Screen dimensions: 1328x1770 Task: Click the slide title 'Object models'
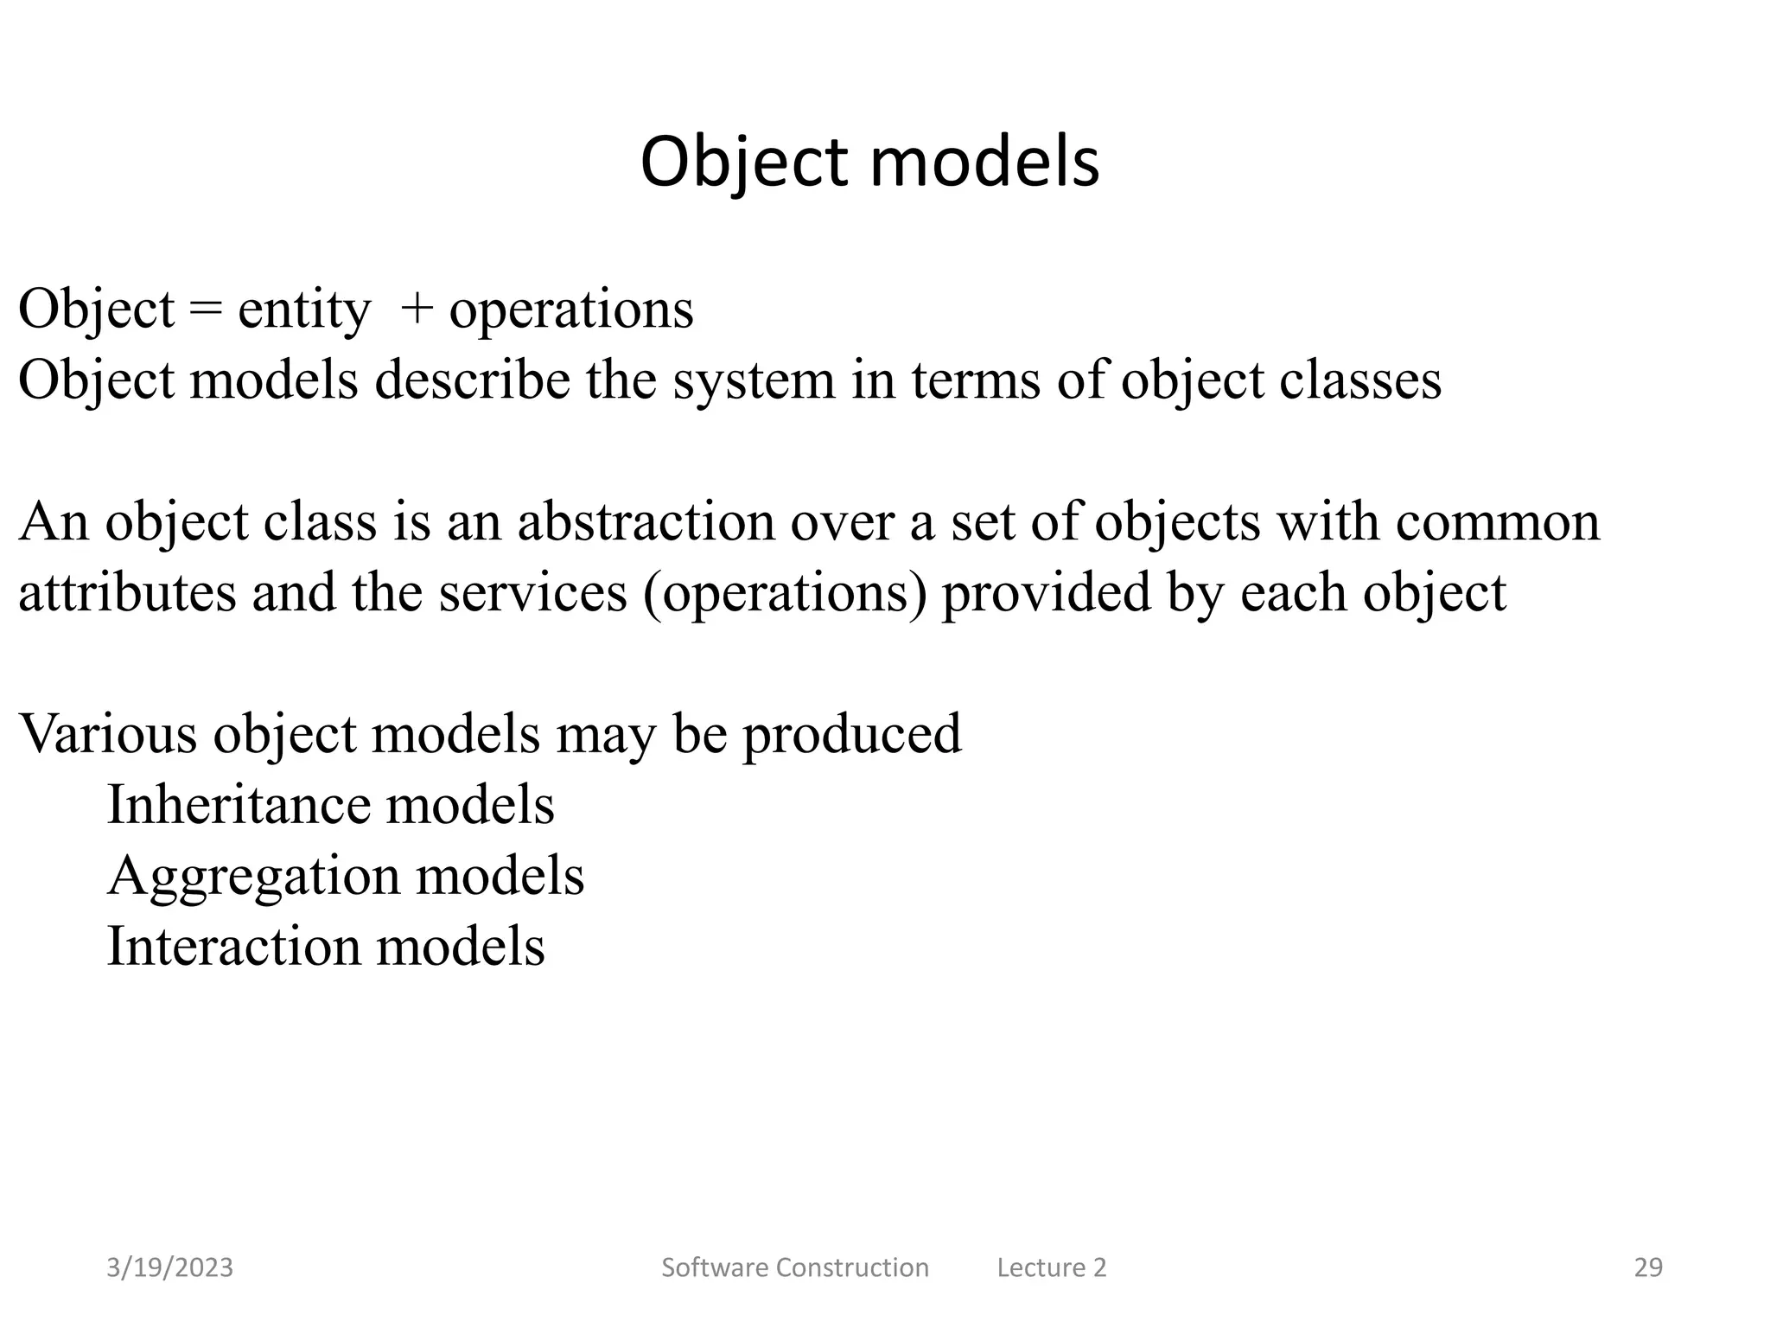pos(869,163)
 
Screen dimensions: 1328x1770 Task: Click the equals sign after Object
pos(206,310)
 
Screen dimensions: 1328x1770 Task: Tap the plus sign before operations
pos(417,310)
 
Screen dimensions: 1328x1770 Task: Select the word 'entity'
pos(303,311)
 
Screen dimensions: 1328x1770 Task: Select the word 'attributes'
pos(127,593)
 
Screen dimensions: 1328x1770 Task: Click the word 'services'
pos(532,593)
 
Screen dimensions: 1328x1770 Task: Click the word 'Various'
pos(108,735)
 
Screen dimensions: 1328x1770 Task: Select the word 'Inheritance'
pos(239,806)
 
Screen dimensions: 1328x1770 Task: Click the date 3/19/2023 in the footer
pos(169,1267)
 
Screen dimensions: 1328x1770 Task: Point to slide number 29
pos(1648,1267)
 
